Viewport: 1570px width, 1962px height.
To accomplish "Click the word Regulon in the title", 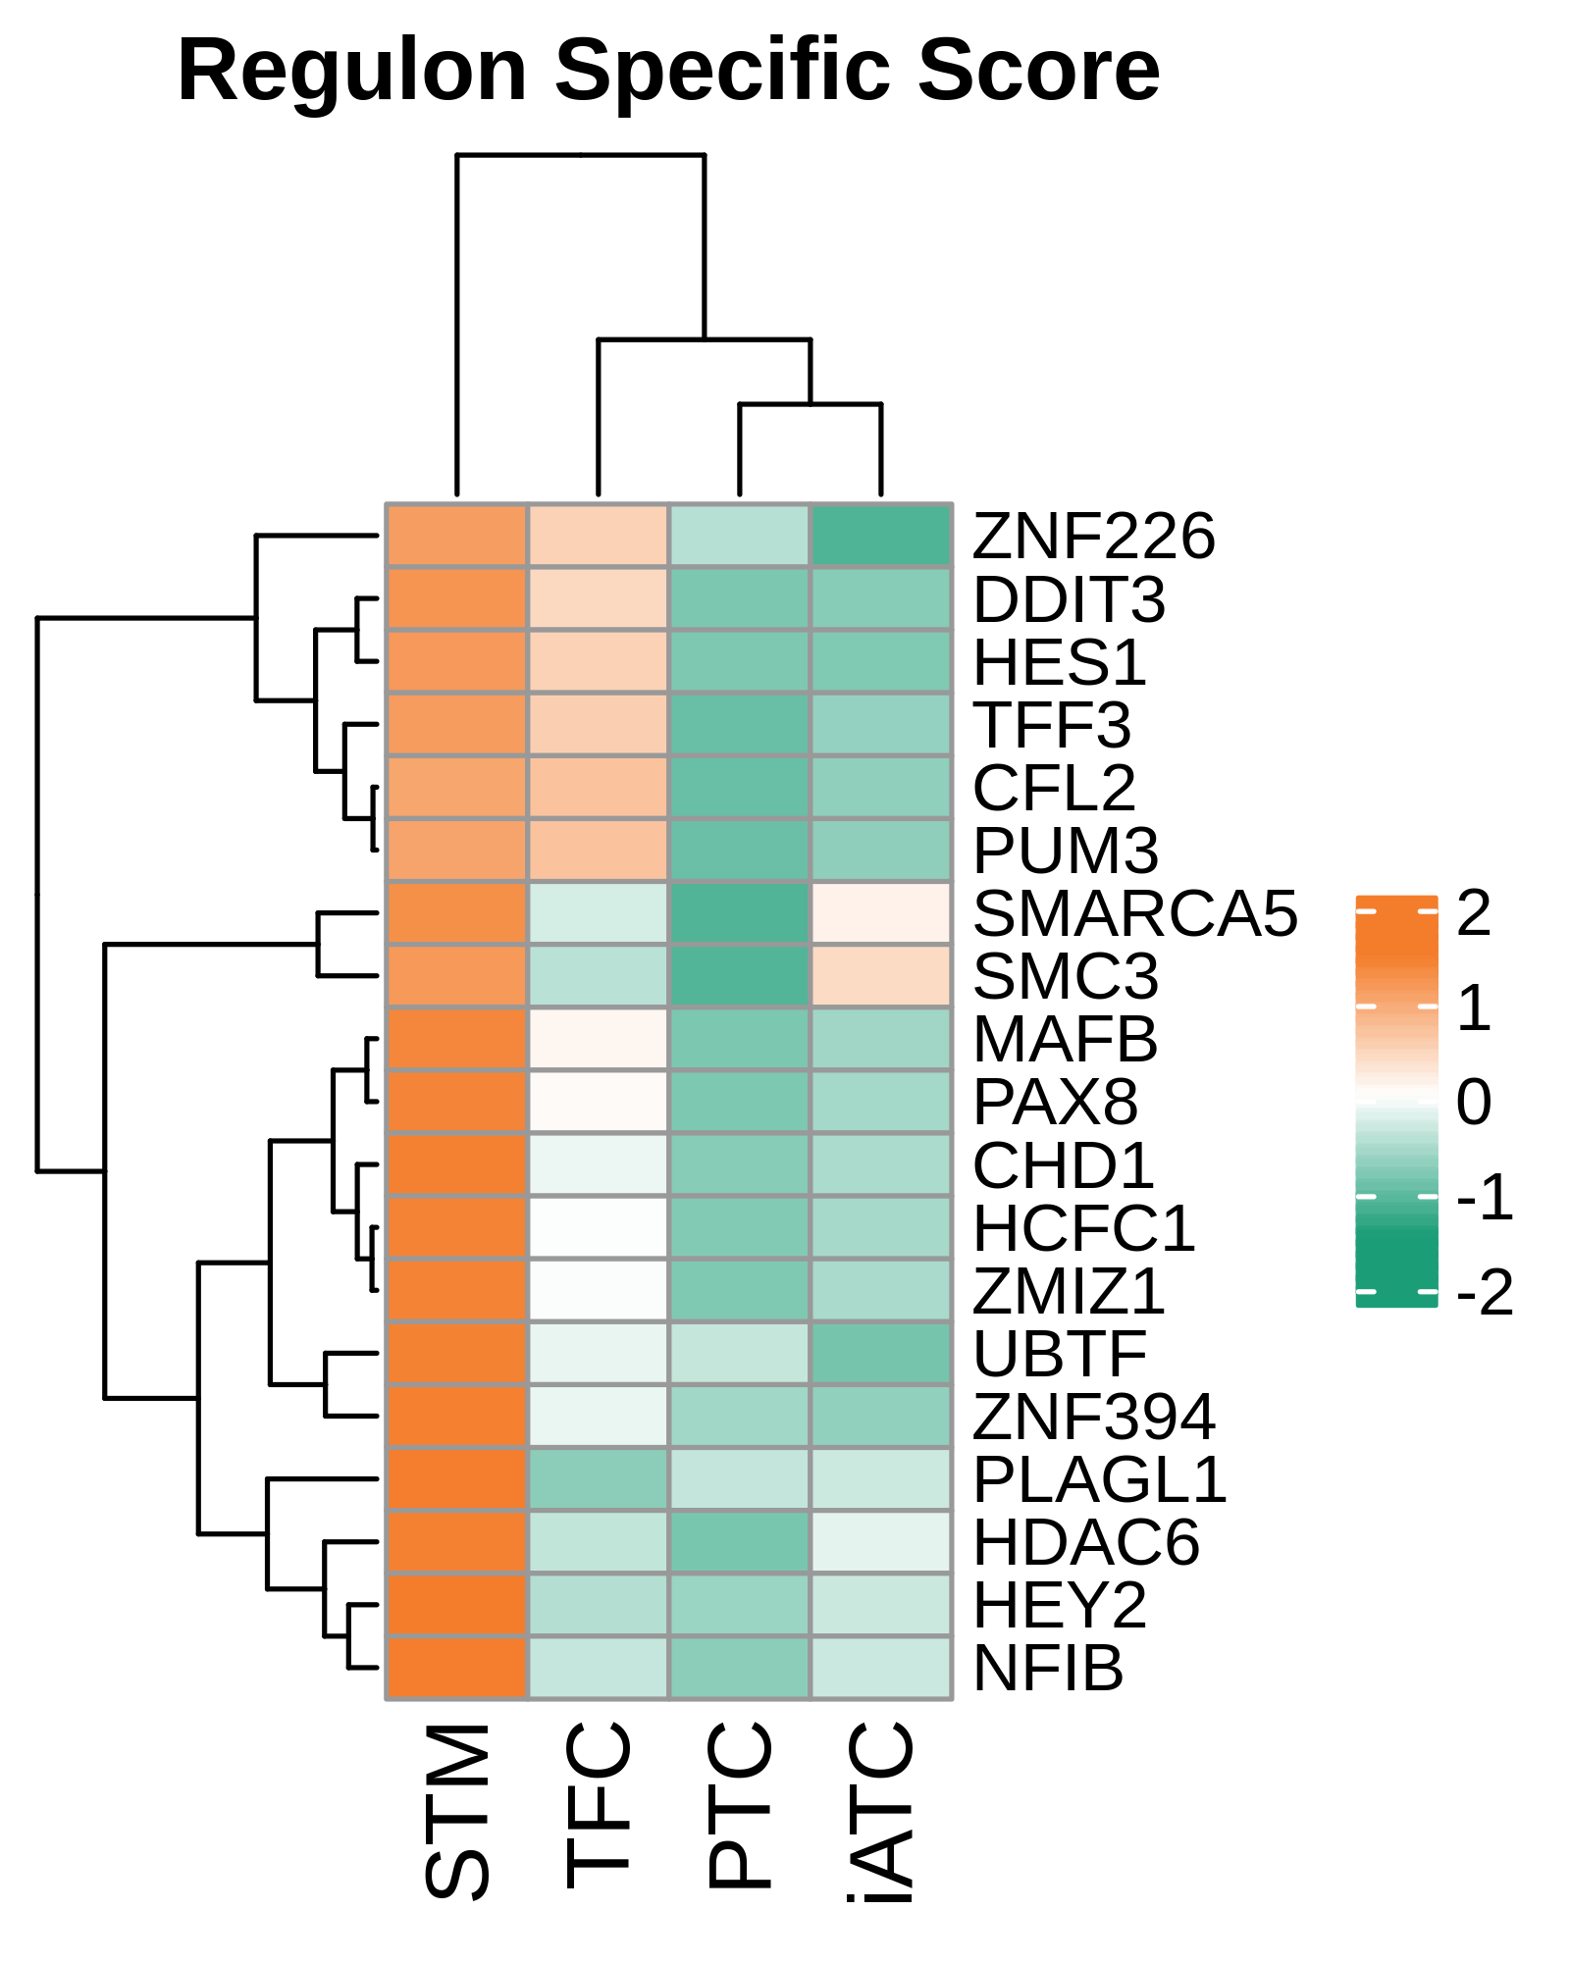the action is (352, 73).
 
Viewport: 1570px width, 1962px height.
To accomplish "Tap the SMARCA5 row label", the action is (1135, 913).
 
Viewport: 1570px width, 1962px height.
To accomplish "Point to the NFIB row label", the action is (1048, 1668).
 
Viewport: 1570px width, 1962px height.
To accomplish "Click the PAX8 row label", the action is (1056, 1102).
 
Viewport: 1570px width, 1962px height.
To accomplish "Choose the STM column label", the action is (457, 1811).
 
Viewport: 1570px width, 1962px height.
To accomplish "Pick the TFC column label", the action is (599, 1805).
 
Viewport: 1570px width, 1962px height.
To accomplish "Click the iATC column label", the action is (881, 1812).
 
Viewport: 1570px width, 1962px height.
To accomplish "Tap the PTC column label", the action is (740, 1805).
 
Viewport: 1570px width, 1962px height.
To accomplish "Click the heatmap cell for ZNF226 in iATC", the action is (881, 536).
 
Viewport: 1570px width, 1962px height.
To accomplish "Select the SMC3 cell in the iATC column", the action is (881, 976).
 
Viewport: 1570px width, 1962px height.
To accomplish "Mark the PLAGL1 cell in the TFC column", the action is (599, 1479).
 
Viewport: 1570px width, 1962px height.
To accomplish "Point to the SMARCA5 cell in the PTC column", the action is (740, 913).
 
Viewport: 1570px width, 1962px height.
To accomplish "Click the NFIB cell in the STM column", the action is (457, 1668).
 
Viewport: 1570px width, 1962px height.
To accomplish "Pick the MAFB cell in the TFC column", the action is (599, 1039).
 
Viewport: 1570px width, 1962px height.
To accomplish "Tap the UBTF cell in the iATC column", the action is (881, 1354).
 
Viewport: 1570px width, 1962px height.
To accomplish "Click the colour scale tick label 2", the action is (1474, 912).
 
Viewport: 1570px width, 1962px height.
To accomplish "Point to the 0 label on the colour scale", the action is (1474, 1102).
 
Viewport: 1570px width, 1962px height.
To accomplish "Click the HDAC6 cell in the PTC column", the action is (740, 1542).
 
